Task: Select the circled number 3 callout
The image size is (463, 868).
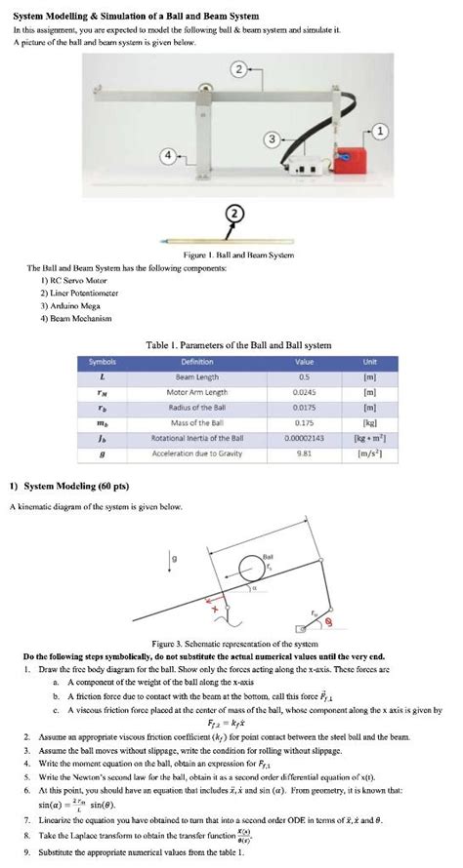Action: (x=279, y=139)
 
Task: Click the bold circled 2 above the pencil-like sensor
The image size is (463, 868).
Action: (x=232, y=215)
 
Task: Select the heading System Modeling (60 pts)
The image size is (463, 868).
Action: (x=70, y=485)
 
